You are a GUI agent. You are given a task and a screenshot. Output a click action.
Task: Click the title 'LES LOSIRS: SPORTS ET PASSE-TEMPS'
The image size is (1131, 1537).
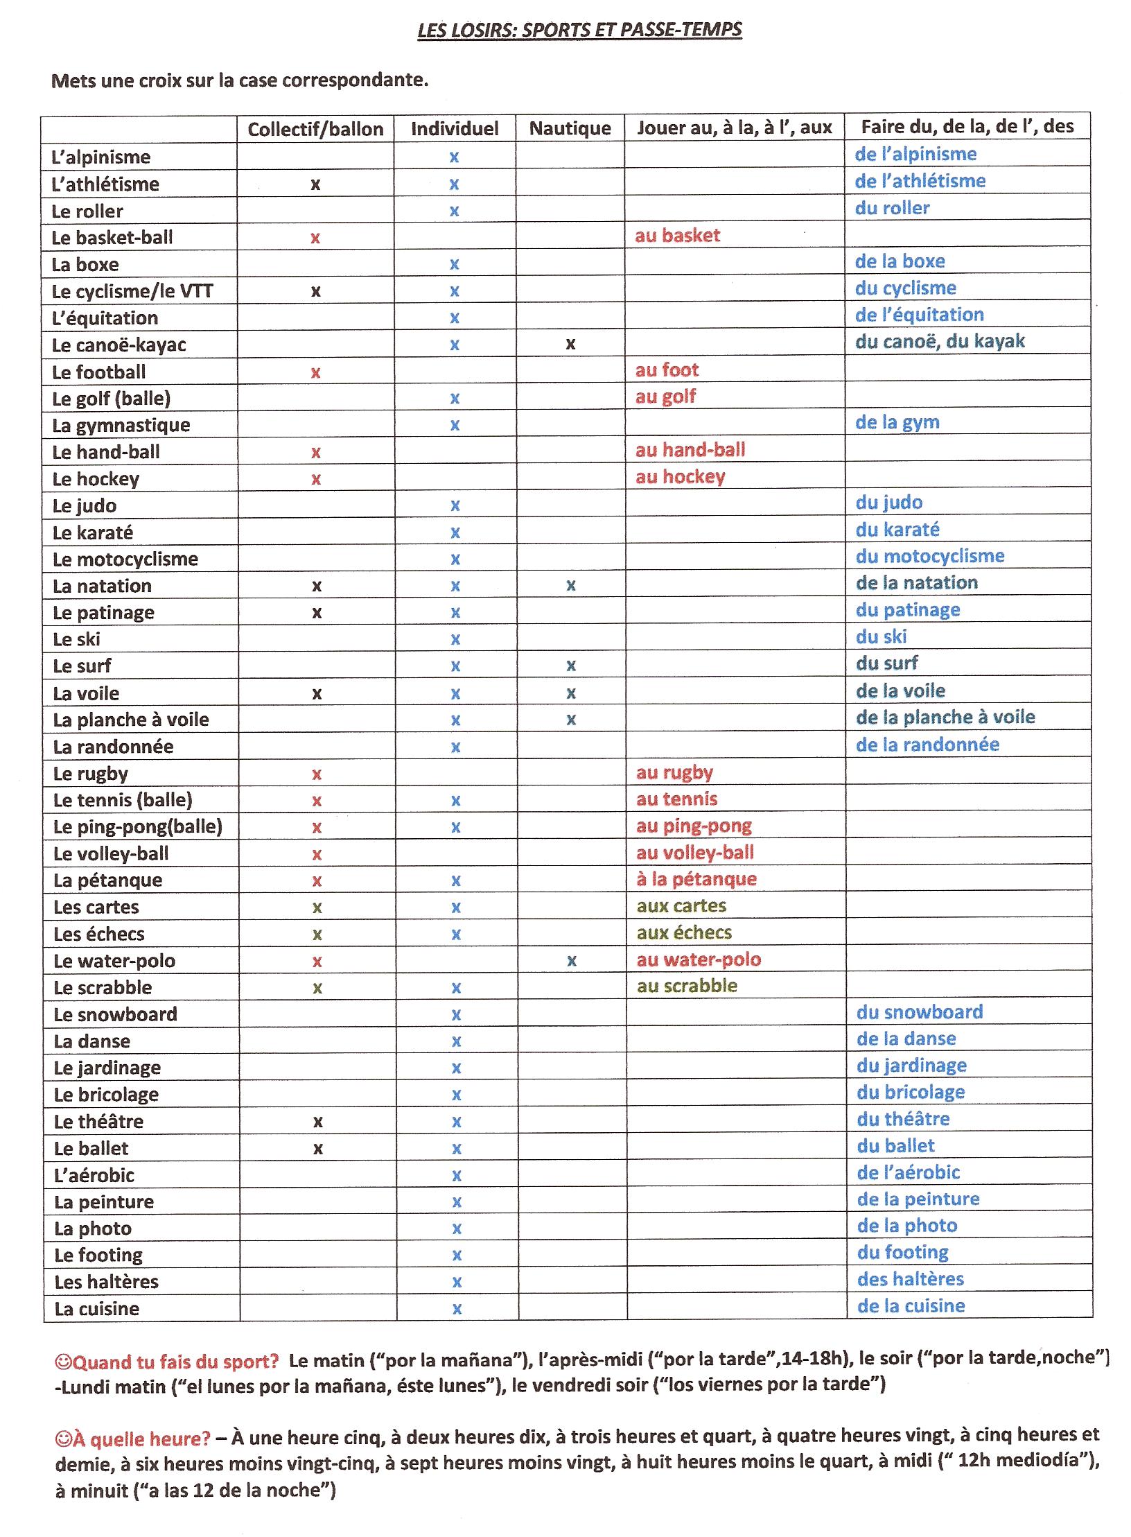pos(579,30)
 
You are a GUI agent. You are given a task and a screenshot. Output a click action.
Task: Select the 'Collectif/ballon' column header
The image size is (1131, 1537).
pos(315,129)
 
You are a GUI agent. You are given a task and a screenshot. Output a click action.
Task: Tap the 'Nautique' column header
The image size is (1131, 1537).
pos(570,128)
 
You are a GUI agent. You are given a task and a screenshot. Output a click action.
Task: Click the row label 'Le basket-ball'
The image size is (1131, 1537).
pos(112,238)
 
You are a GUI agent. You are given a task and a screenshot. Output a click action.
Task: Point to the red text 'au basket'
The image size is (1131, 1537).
pos(677,236)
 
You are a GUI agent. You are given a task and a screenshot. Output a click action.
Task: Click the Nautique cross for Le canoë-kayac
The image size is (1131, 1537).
pos(570,344)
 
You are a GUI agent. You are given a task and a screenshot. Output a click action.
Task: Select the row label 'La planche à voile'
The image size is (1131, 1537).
pos(131,720)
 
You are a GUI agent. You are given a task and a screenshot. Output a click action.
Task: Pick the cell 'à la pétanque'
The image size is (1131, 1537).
pos(696,879)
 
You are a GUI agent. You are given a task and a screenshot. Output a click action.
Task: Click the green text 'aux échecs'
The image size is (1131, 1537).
pos(684,932)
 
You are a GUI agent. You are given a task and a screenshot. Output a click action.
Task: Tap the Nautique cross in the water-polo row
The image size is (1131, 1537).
pos(571,961)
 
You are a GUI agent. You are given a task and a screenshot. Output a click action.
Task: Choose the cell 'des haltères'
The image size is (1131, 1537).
pos(910,1279)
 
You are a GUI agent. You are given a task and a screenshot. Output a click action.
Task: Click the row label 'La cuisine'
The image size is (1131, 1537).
pos(96,1309)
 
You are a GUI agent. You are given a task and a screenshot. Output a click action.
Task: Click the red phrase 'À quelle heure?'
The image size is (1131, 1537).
pos(141,1439)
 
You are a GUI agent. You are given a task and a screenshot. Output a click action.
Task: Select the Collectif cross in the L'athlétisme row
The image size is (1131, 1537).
pos(315,184)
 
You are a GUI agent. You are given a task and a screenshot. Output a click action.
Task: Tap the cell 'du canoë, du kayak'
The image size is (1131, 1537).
pos(940,341)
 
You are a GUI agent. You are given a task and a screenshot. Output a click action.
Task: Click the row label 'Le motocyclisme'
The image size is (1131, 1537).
pos(125,559)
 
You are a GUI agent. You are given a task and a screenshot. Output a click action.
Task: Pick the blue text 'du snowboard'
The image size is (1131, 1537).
pos(919,1012)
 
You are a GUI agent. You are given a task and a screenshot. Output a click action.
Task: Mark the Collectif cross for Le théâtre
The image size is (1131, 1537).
pos(317,1122)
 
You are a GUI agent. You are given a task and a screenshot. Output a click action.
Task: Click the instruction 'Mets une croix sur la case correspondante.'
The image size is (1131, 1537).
pos(240,80)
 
